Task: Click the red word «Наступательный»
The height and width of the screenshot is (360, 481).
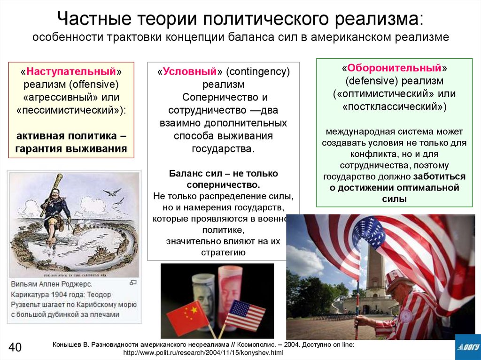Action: tap(71, 72)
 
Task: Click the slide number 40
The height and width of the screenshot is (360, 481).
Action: tap(15, 347)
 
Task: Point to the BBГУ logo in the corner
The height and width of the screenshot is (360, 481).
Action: tap(467, 347)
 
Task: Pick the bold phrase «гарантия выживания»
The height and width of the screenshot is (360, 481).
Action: tap(71, 149)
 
